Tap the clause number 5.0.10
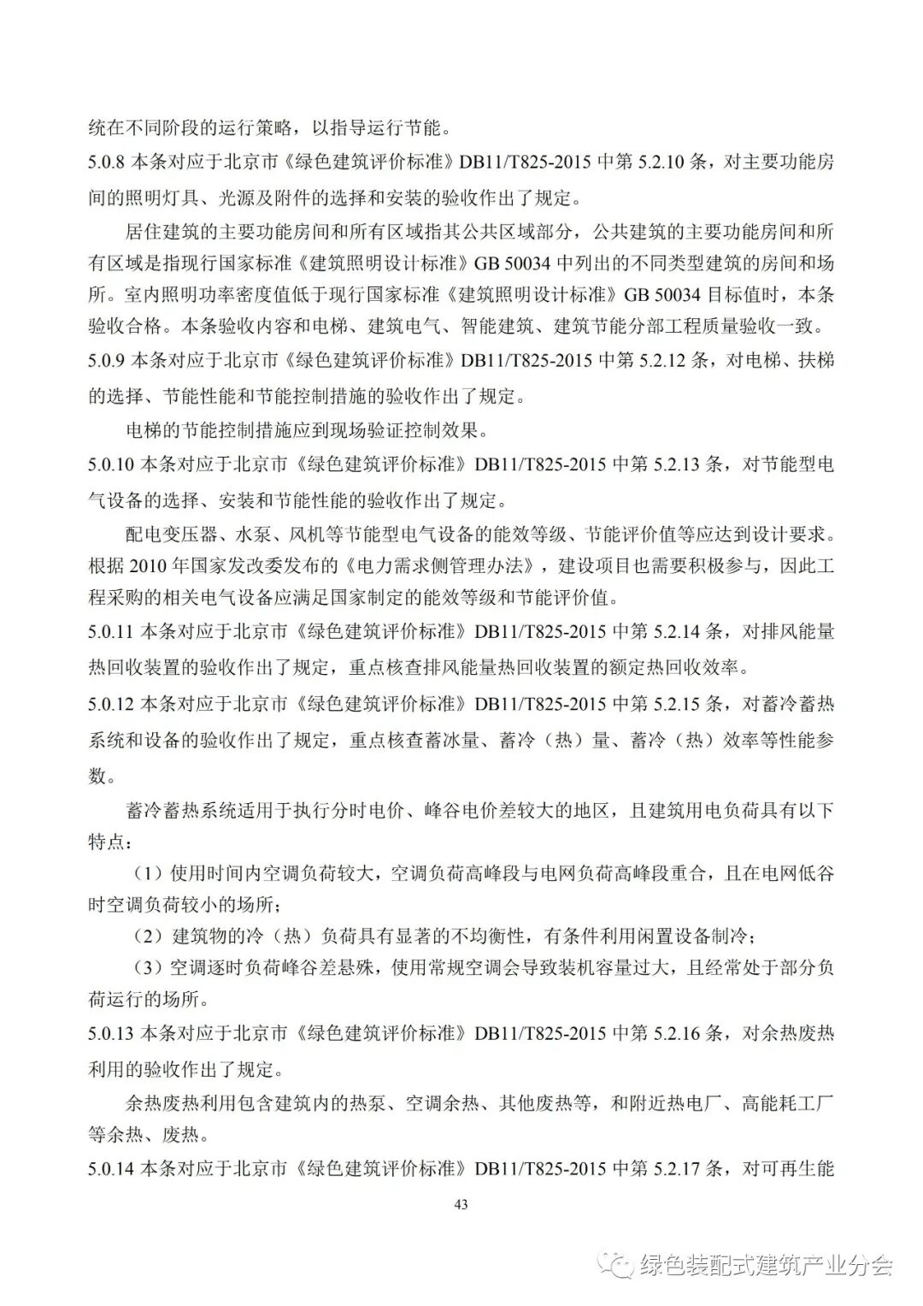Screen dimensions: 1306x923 (112, 464)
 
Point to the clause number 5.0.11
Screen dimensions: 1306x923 (112, 632)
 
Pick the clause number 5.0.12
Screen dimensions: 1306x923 (112, 704)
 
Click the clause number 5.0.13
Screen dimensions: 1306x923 (112, 1034)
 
